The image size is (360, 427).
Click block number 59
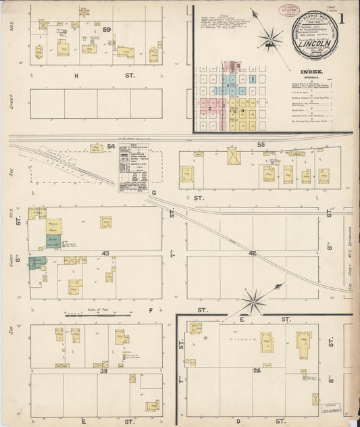107,29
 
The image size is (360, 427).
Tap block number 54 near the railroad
93,145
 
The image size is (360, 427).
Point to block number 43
105,253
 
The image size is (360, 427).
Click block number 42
253,253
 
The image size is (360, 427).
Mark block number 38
104,371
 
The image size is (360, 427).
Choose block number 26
257,370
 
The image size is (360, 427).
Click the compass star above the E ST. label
253,297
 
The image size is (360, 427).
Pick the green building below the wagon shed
53,242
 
